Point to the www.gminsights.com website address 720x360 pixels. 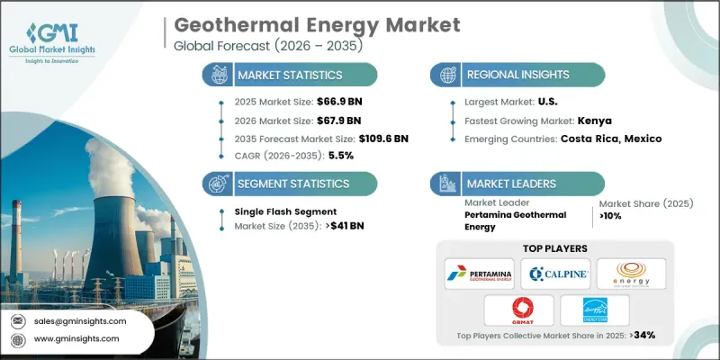point(76,338)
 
